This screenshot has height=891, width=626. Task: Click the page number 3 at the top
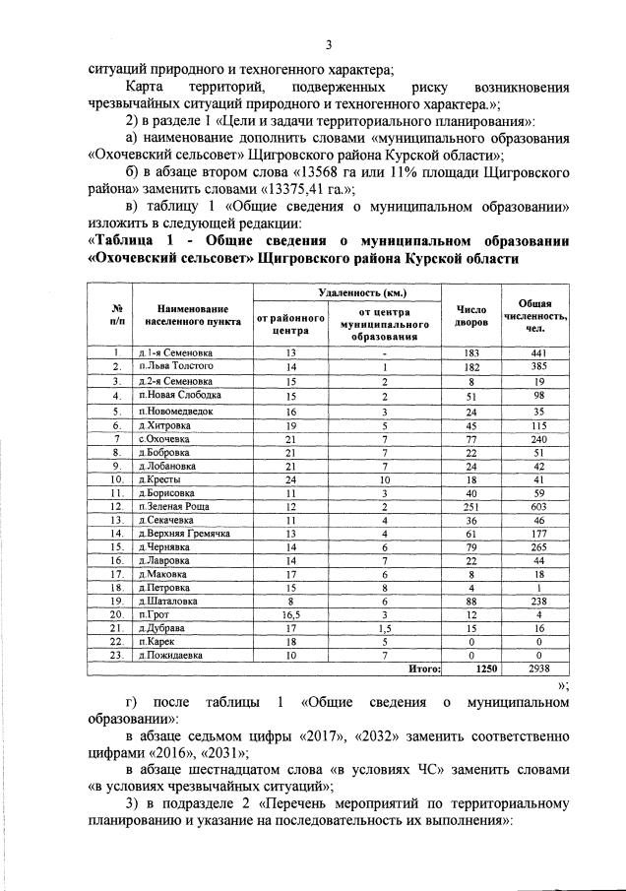[x=329, y=44]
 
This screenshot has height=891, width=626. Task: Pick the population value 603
[x=536, y=505]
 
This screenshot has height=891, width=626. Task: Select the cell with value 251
[x=470, y=505]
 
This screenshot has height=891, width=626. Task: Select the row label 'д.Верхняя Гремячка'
[x=184, y=533]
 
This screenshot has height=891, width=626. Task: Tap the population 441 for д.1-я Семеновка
[x=536, y=352]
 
